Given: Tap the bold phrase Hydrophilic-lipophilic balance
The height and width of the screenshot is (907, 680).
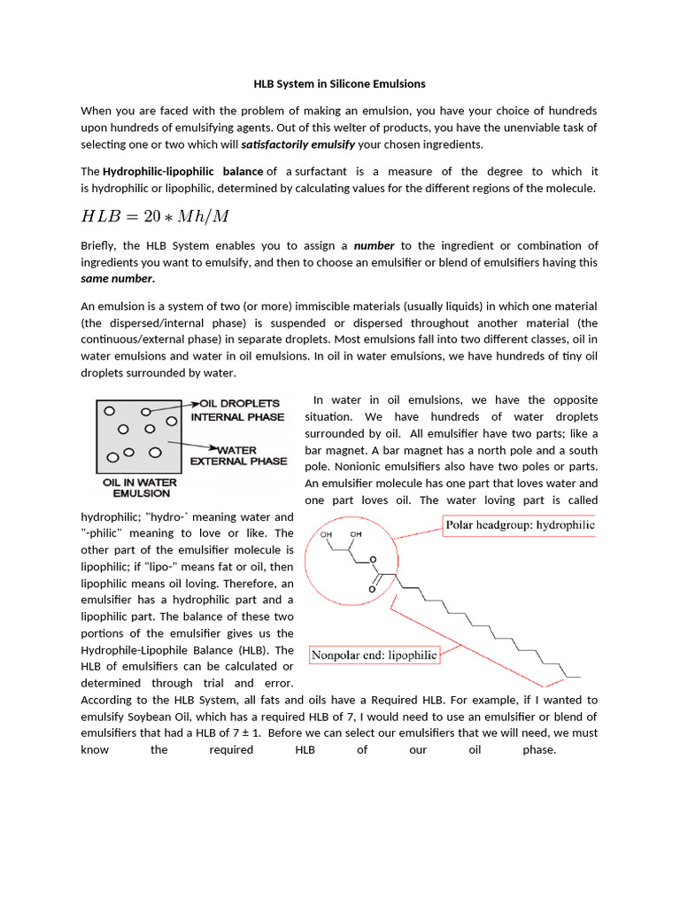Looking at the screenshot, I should point(183,172).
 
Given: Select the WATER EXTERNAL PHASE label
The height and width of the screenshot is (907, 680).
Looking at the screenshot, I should point(238,455).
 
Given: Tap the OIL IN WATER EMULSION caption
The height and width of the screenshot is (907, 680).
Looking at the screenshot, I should point(140,488).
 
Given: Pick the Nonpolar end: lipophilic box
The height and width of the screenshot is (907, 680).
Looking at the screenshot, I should point(374,655).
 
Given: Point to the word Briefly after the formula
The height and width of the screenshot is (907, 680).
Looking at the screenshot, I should point(98,245).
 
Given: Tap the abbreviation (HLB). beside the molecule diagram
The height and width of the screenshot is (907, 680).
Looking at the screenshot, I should point(275,649).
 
